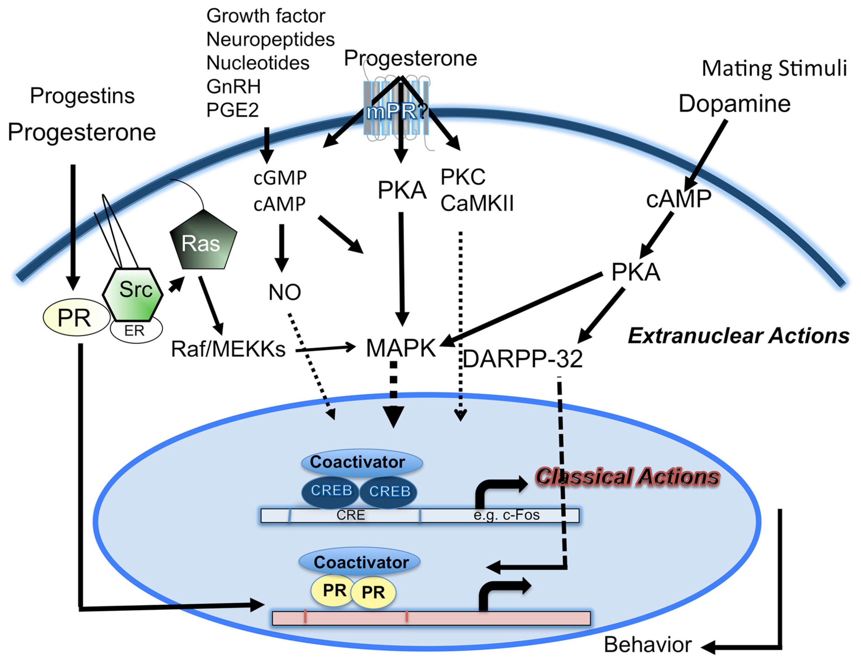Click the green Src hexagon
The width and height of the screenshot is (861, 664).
point(133,294)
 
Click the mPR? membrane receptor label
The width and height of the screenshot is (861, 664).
point(396,112)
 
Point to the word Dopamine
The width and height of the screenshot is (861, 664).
point(735,104)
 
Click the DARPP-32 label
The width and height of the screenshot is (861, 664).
point(522,359)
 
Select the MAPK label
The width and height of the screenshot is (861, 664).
point(401,348)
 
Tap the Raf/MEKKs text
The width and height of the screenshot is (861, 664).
point(228,349)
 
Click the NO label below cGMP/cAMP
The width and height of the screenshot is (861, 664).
point(284,292)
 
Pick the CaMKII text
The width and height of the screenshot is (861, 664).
point(477,204)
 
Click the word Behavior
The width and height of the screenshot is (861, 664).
point(648,645)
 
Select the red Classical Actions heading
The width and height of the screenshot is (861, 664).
point(627,476)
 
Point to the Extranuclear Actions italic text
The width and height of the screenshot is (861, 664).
point(738,335)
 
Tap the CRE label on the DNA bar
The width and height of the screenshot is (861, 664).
point(351,515)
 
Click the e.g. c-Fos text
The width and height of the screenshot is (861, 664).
point(507,515)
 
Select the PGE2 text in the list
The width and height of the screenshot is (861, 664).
point(232,110)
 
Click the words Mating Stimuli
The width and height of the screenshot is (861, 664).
point(774,68)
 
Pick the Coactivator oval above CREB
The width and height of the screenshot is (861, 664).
point(362,462)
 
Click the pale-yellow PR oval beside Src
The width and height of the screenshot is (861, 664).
point(76,318)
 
